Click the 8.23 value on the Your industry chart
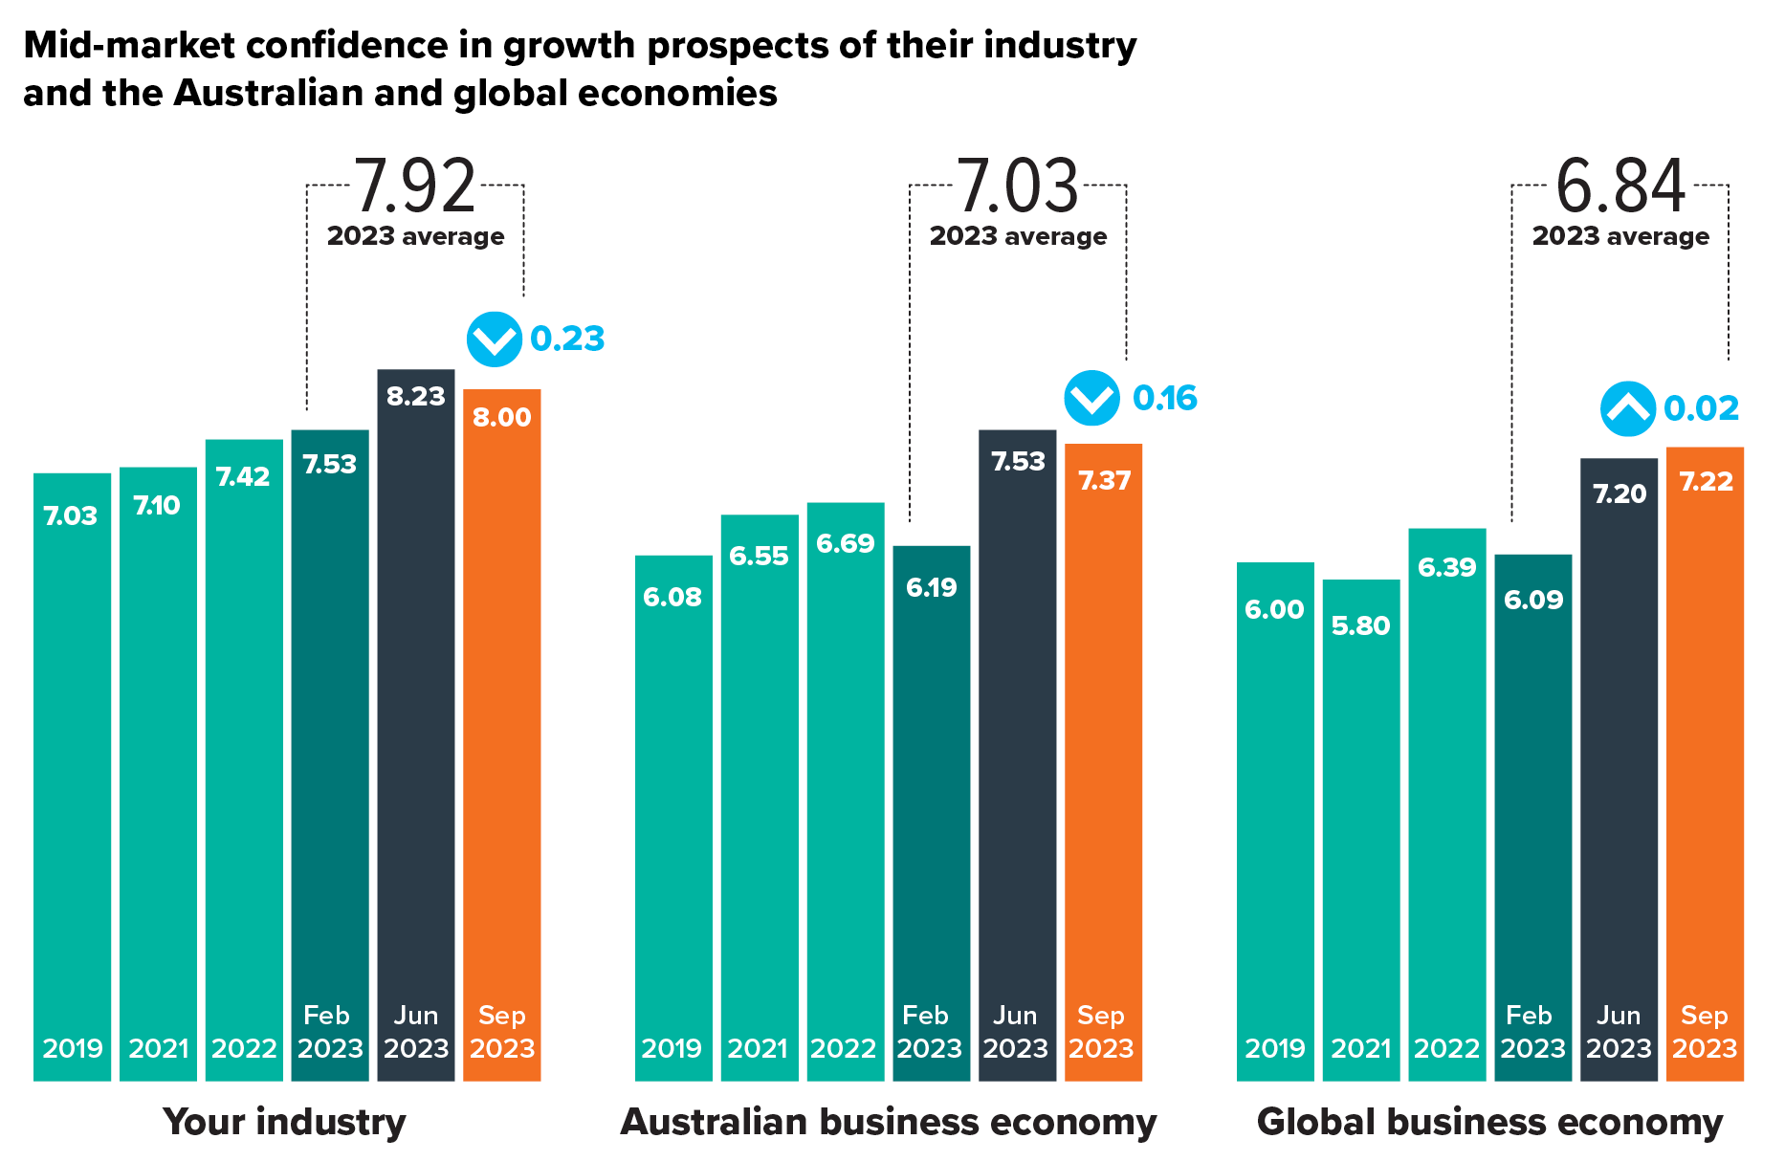(416, 396)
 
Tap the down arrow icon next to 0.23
(495, 340)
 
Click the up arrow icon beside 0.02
(1628, 409)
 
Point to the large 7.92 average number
(415, 186)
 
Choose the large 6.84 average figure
(1620, 186)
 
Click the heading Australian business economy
(889, 1122)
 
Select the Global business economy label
(1489, 1122)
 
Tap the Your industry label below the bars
(284, 1122)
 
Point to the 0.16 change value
(1165, 398)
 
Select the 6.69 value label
(846, 543)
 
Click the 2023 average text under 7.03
(1018, 236)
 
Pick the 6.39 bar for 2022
(1446, 803)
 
